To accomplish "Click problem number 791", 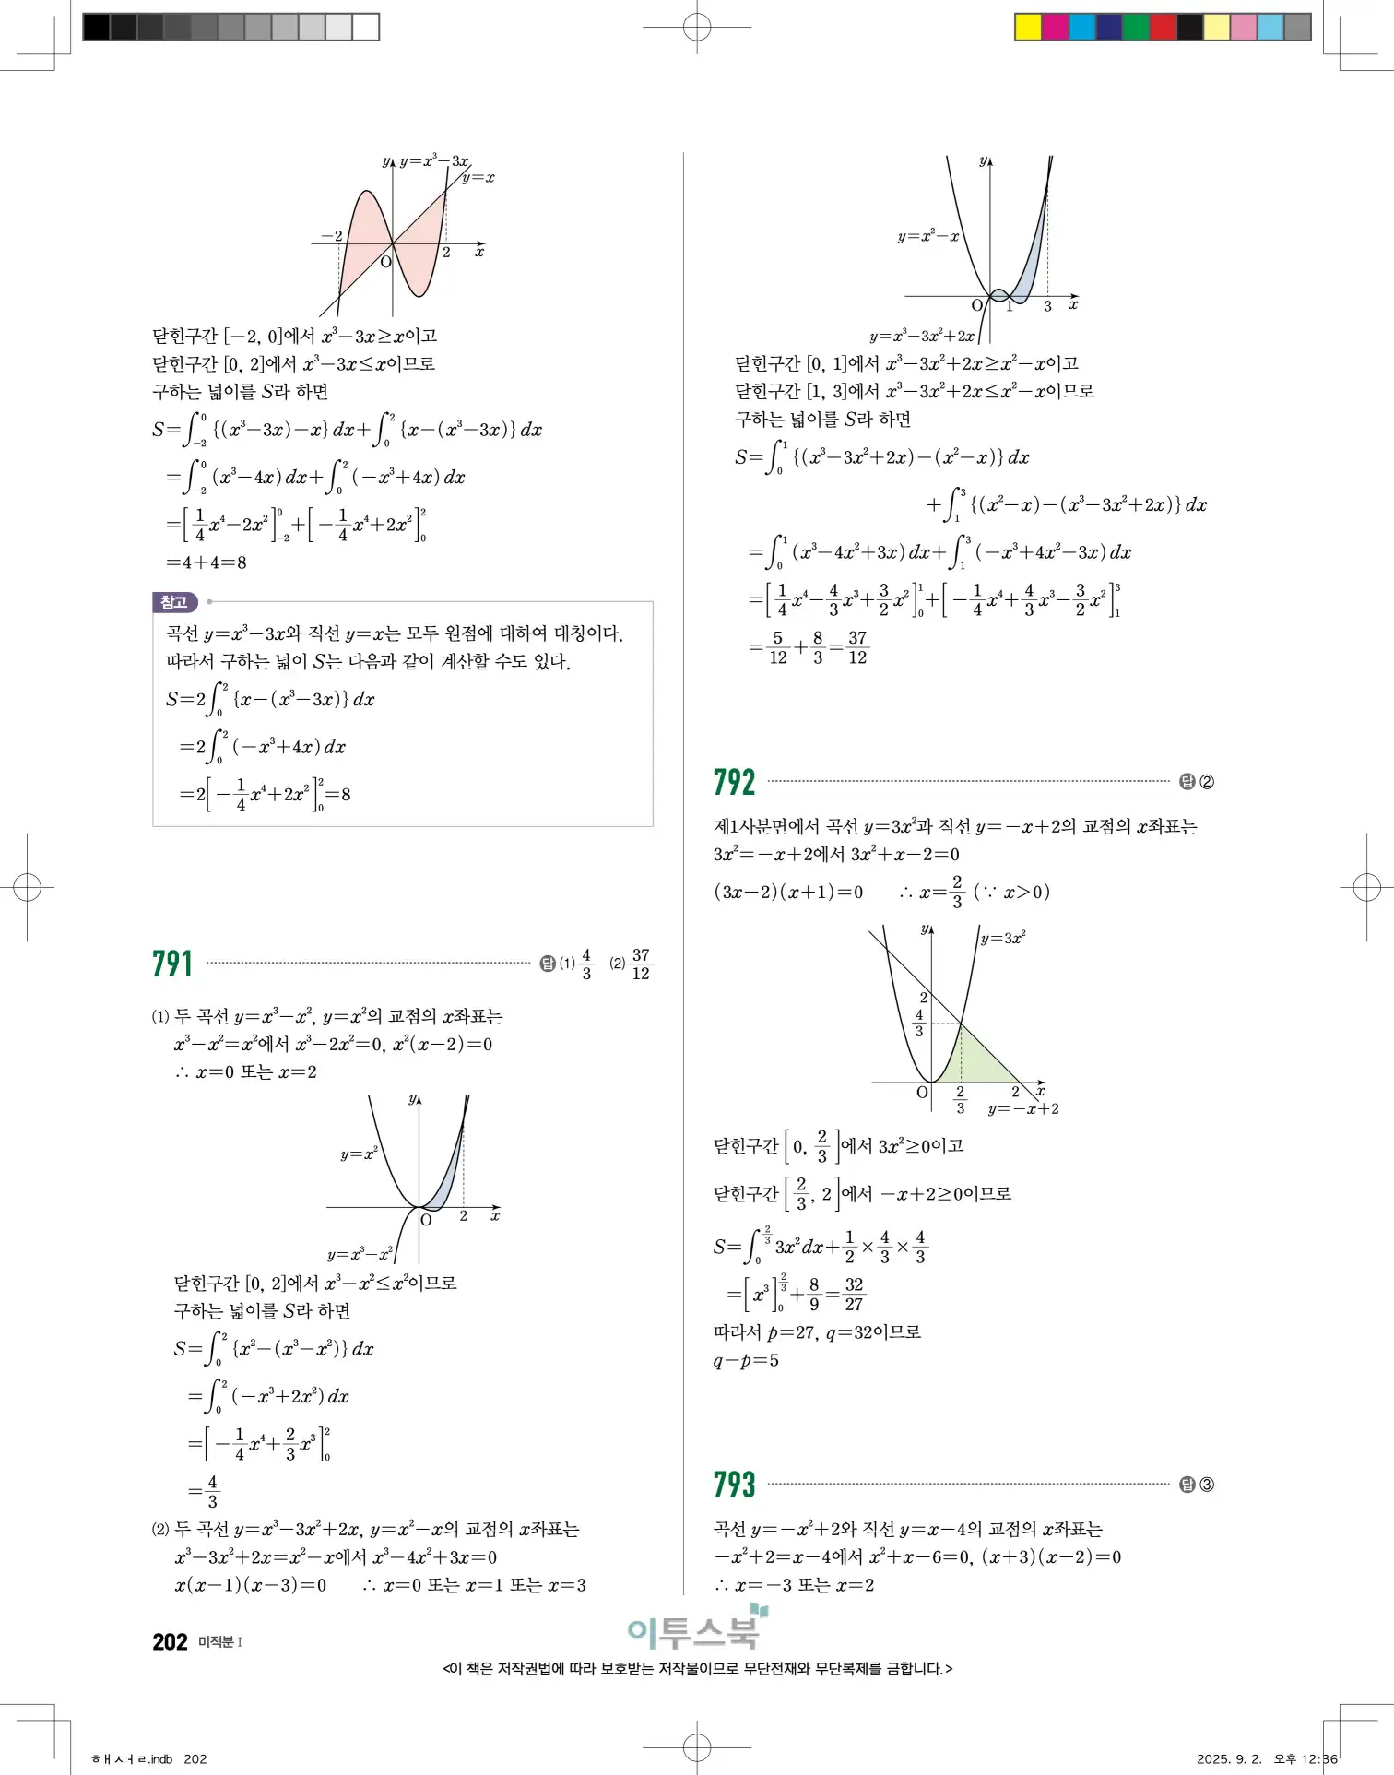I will (172, 964).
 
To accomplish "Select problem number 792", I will (734, 783).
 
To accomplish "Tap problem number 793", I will (734, 1485).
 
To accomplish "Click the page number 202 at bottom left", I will (170, 1641).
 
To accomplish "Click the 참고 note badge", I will (174, 602).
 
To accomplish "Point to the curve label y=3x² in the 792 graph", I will (1003, 939).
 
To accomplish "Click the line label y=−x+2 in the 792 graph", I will (1023, 1109).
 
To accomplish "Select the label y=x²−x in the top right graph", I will (927, 237).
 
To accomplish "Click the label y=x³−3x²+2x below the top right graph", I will (921, 337).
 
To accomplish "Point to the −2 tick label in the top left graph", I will (331, 236).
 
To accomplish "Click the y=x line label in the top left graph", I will (478, 178).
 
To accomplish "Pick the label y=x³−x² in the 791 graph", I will (360, 1254).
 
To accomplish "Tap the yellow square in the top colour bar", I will (1028, 27).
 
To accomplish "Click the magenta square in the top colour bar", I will (1055, 27).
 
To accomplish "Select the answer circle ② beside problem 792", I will (1207, 782).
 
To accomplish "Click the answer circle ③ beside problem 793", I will (1207, 1485).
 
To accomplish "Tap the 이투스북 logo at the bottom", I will (697, 1630).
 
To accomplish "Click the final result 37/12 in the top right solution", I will (857, 647).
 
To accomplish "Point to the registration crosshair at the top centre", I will (697, 27).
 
